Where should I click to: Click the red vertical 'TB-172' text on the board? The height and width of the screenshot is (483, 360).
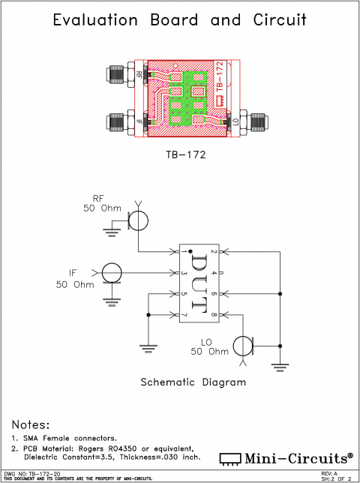220,83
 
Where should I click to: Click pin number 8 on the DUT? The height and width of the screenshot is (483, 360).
214,313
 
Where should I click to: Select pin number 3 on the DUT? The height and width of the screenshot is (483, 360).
183,273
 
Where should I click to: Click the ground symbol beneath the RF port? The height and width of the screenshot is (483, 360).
112,233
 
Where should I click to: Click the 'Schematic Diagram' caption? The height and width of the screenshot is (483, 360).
193,382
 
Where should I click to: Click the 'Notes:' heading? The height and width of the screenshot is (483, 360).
31,424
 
